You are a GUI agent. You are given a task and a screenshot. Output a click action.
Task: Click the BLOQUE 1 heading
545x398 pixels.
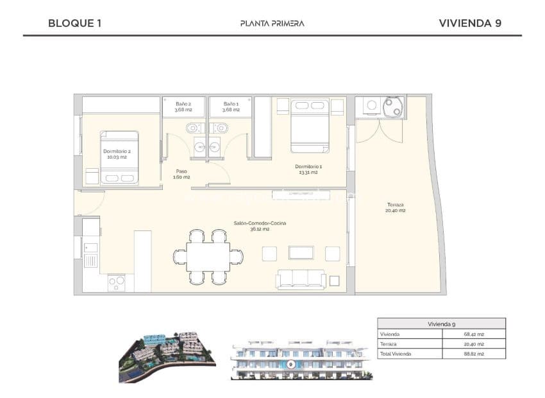click(x=74, y=23)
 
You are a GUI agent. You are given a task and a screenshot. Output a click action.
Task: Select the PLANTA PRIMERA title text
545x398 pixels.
click(x=272, y=23)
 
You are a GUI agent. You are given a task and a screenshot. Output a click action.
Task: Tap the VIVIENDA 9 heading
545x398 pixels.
click(x=469, y=23)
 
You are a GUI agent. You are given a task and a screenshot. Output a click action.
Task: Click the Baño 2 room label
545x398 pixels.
click(x=183, y=107)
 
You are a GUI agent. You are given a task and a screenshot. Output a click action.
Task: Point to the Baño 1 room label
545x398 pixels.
click(x=231, y=107)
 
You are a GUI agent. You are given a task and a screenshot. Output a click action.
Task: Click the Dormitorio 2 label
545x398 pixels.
click(x=115, y=154)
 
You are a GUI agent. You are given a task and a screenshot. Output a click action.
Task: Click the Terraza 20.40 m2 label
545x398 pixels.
click(x=395, y=207)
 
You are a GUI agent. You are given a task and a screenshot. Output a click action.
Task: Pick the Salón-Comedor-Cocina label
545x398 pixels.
click(x=260, y=225)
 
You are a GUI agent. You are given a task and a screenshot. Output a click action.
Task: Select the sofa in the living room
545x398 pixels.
click(x=301, y=279)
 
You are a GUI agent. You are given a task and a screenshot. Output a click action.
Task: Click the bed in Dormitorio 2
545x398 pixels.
click(x=119, y=159)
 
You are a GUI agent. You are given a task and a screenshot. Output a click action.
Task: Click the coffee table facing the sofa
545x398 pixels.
click(x=301, y=253)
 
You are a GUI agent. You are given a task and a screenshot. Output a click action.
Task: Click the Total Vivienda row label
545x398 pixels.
click(x=396, y=354)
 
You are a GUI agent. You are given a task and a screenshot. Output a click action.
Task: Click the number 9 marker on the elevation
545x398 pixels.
click(x=291, y=364)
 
